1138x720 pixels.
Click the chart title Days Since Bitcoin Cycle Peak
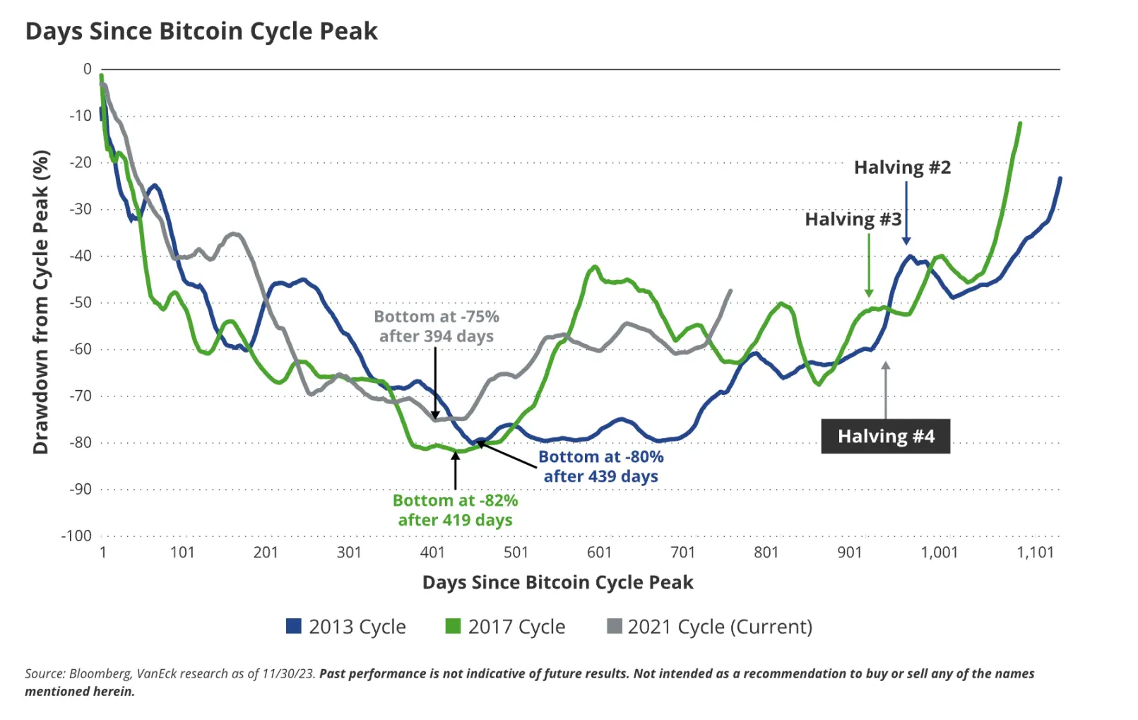pyautogui.click(x=201, y=32)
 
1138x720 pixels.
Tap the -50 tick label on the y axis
pyautogui.click(x=80, y=302)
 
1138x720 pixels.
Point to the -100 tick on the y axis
pyautogui.click(x=76, y=536)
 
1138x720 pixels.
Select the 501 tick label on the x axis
pyautogui.click(x=516, y=553)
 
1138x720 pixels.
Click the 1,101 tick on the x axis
pyautogui.click(x=1035, y=553)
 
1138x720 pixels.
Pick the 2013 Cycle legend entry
pyautogui.click(x=346, y=627)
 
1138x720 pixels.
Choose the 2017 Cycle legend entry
pyautogui.click(x=506, y=627)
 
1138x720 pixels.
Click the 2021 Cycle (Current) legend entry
pyautogui.click(x=710, y=627)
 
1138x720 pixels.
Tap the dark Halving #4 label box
pyautogui.click(x=885, y=436)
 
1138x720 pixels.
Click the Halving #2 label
pyautogui.click(x=902, y=167)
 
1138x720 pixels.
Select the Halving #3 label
pyautogui.click(x=853, y=219)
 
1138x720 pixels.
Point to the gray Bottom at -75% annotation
pyautogui.click(x=436, y=326)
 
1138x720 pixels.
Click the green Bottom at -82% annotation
pyautogui.click(x=455, y=510)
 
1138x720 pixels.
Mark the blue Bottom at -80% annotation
pyautogui.click(x=600, y=466)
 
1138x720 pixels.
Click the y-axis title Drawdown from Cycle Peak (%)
pyautogui.click(x=41, y=302)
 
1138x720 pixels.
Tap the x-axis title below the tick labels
pyautogui.click(x=557, y=582)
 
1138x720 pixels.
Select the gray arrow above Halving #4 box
pyautogui.click(x=885, y=389)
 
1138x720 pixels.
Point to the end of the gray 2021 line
pyautogui.click(x=730, y=290)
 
